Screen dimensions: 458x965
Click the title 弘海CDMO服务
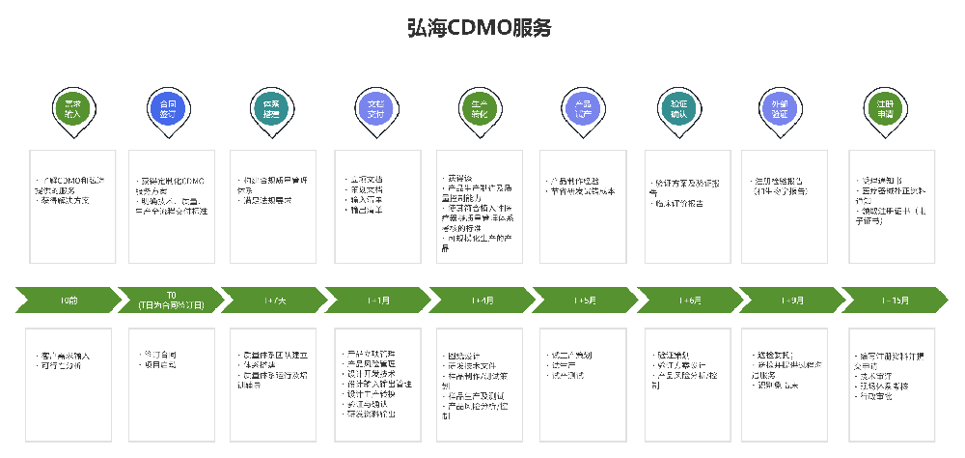(480, 27)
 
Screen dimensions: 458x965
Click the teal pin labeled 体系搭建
(271, 107)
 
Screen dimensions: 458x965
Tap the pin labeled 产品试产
(582, 107)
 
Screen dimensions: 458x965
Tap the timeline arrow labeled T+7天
(274, 301)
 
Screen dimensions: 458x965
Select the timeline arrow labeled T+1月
(378, 301)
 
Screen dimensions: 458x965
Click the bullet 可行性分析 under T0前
(64, 366)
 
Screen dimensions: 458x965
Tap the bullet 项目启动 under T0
(160, 366)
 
